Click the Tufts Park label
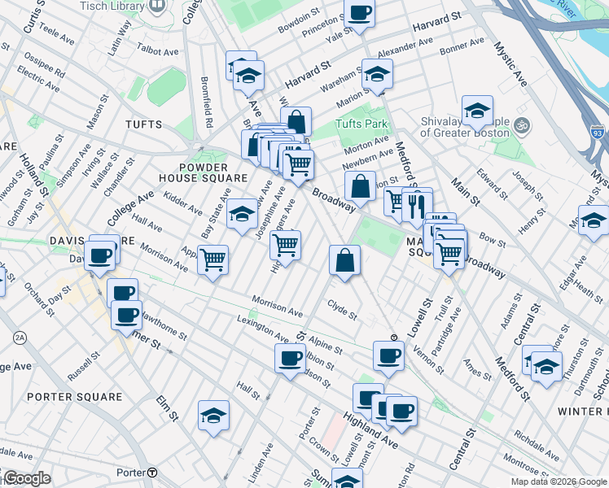pyautogui.click(x=361, y=124)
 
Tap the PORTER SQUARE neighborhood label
pyautogui.click(x=75, y=397)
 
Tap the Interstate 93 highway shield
pyautogui.click(x=598, y=131)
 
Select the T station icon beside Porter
pyautogui.click(x=152, y=473)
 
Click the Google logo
pyautogui.click(x=26, y=478)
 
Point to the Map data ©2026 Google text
pyautogui.click(x=559, y=481)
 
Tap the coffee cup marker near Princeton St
pyautogui.click(x=359, y=13)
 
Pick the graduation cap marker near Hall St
pyautogui.click(x=213, y=415)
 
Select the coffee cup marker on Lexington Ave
pyautogui.click(x=289, y=358)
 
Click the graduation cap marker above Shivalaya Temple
pyautogui.click(x=477, y=110)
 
